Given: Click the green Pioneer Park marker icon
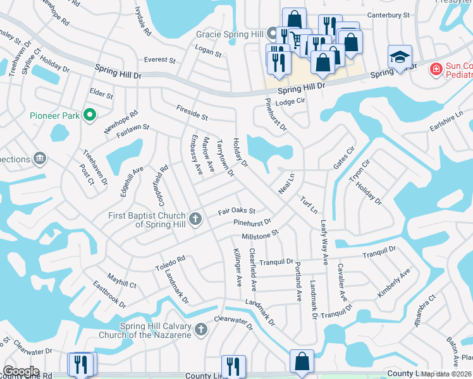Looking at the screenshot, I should (x=90, y=115).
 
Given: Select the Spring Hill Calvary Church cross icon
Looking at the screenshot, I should (x=201, y=329).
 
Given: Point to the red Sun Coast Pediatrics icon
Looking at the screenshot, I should (x=435, y=68).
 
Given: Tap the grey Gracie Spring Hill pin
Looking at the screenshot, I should (x=272, y=33).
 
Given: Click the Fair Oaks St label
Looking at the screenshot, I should (x=236, y=211).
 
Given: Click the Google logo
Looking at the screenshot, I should (x=20, y=371).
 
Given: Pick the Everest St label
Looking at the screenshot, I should (x=159, y=60).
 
